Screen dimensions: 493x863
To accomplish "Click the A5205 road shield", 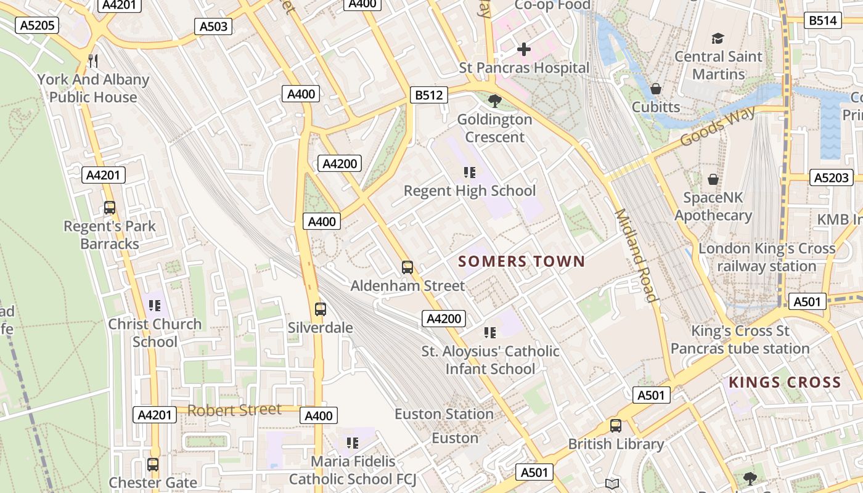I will pos(38,25).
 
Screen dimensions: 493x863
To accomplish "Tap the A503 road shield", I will pos(214,26).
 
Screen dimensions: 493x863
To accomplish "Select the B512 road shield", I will pos(429,96).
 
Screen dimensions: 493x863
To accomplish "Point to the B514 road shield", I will pos(823,20).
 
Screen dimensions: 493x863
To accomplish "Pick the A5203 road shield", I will pos(832,177).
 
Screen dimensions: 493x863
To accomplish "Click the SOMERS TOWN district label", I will pos(521,261).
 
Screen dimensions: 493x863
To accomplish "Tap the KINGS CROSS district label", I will pos(785,382).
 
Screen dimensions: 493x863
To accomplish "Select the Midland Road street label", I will pos(636,256).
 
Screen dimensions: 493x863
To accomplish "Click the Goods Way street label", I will pos(718,126).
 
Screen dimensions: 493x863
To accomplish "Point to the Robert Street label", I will pos(234,410).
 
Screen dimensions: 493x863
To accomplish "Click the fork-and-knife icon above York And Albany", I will pos(93,60).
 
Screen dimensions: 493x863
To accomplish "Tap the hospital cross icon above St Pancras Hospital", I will pos(524,49).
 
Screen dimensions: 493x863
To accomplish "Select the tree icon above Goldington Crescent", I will pos(494,100).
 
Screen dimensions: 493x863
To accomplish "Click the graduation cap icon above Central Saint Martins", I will pos(718,38).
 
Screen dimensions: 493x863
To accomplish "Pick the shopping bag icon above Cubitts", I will pos(656,89).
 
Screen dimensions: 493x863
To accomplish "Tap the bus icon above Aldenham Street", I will pos(407,267).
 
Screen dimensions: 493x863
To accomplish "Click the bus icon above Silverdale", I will pos(320,309).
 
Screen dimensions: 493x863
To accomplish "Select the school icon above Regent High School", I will pos(470,173).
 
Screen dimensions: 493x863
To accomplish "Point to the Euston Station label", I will pos(444,414).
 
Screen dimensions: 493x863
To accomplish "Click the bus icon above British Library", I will pos(615,425).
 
